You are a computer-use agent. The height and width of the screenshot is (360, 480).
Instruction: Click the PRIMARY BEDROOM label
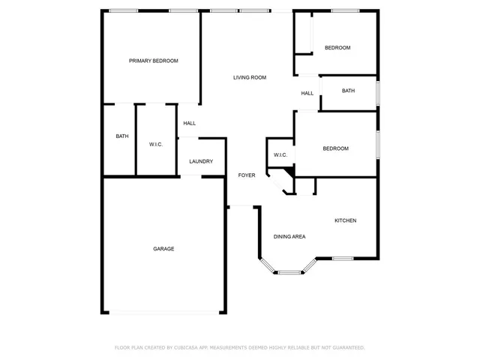coord(153,61)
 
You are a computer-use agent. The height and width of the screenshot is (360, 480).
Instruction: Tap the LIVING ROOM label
coord(250,77)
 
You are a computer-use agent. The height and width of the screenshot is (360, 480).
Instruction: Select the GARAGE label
coord(163,249)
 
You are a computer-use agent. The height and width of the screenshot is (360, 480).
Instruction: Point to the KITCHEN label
coord(345,220)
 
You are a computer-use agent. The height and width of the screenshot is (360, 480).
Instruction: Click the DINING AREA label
coord(289,237)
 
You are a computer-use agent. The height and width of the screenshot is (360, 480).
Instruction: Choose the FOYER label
coord(247,175)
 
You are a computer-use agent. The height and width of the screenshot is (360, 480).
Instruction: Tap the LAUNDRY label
coord(201,161)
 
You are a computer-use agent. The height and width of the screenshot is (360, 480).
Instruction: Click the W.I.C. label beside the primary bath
coord(156,144)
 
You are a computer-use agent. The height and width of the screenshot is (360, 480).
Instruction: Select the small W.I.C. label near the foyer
coord(280,155)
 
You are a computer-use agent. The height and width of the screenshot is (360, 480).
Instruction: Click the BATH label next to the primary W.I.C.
coord(121,136)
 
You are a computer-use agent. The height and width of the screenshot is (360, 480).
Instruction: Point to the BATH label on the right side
coord(348,91)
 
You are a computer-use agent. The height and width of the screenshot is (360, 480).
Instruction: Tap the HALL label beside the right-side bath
coord(307,94)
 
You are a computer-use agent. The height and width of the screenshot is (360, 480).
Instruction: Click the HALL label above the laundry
coord(190,124)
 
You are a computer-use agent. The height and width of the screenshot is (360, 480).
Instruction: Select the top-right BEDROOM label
coord(337,48)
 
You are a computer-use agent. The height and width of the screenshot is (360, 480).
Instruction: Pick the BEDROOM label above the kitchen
coord(335,148)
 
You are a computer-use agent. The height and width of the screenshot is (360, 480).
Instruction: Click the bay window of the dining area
coord(289,271)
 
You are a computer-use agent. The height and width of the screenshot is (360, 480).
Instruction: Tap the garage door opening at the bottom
coord(163,313)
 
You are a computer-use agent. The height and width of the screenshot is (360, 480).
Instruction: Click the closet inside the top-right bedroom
coord(303,33)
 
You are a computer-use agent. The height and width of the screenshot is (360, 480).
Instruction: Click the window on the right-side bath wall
coord(377,92)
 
